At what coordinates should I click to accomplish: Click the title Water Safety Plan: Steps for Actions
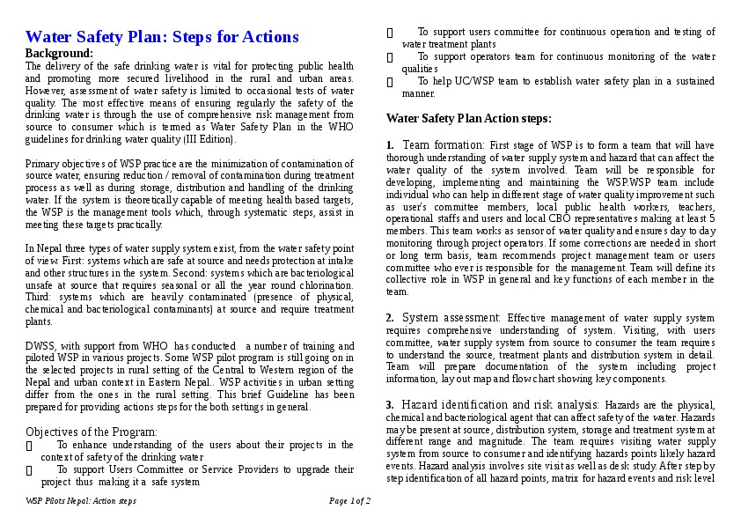pos(162,37)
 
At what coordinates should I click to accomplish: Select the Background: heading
pos(59,53)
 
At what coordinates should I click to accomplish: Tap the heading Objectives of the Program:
pos(92,432)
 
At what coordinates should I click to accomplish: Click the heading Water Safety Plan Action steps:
pos(469,118)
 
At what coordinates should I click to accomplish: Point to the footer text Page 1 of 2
pos(349,501)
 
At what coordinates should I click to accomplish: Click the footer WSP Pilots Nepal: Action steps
pos(81,501)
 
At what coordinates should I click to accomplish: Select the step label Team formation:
pos(443,144)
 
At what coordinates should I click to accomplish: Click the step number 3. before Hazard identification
pos(390,403)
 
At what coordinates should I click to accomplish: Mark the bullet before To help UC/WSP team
pos(390,81)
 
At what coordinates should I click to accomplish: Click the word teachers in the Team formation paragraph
pos(695,206)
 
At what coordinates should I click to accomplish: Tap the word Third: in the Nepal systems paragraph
pos(40,298)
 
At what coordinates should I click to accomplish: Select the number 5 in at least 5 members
pos(711,218)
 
